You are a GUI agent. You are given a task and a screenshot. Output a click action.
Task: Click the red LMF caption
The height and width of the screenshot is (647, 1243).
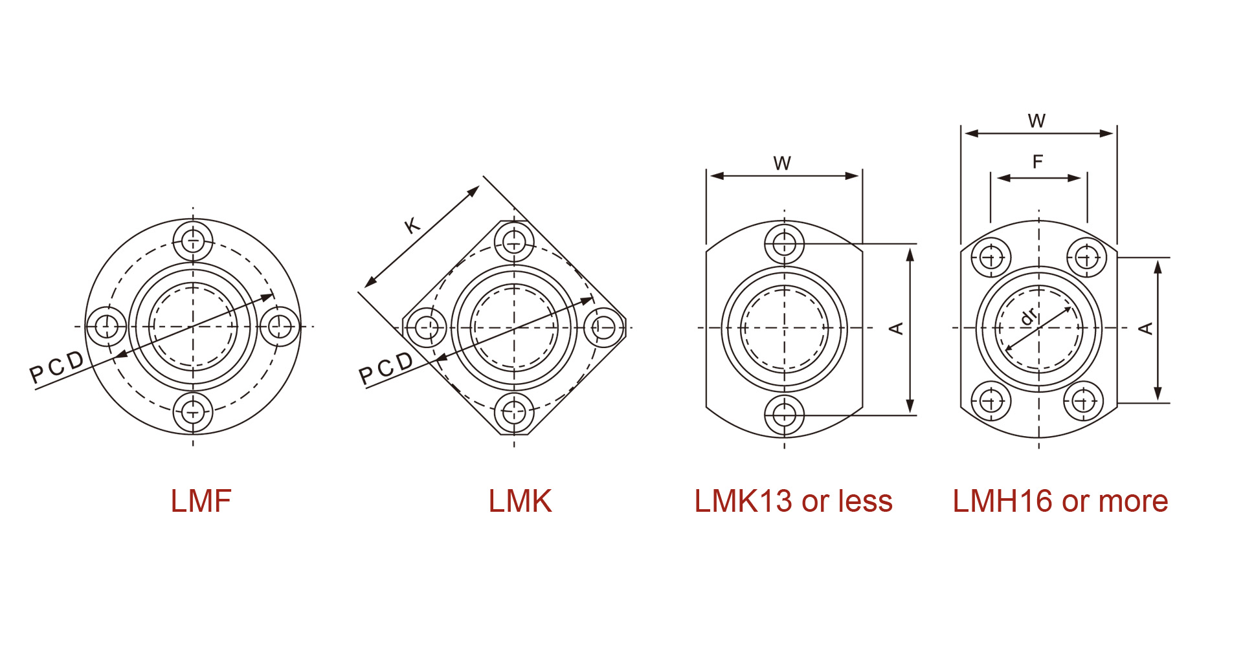pos(201,501)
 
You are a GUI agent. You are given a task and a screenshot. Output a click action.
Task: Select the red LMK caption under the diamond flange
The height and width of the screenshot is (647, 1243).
pos(520,501)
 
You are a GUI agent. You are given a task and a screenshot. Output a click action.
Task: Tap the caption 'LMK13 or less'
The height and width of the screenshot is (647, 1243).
pos(793,501)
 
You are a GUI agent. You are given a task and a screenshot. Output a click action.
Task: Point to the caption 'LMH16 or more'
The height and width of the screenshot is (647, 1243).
pos(1060,501)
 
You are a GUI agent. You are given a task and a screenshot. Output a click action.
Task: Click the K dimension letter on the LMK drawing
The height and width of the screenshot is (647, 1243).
pos(412,226)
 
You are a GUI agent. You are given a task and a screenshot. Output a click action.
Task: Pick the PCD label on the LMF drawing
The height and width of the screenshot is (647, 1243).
pos(57,367)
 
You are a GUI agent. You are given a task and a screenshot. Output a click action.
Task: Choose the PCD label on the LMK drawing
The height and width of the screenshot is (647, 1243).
pos(386,369)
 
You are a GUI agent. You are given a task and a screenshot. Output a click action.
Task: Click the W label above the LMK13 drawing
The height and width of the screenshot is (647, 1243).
pos(782,163)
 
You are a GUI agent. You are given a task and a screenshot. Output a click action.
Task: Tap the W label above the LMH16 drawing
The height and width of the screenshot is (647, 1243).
pos(1036,121)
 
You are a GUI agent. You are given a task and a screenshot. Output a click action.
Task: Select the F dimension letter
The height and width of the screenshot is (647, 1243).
pos(1038,162)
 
